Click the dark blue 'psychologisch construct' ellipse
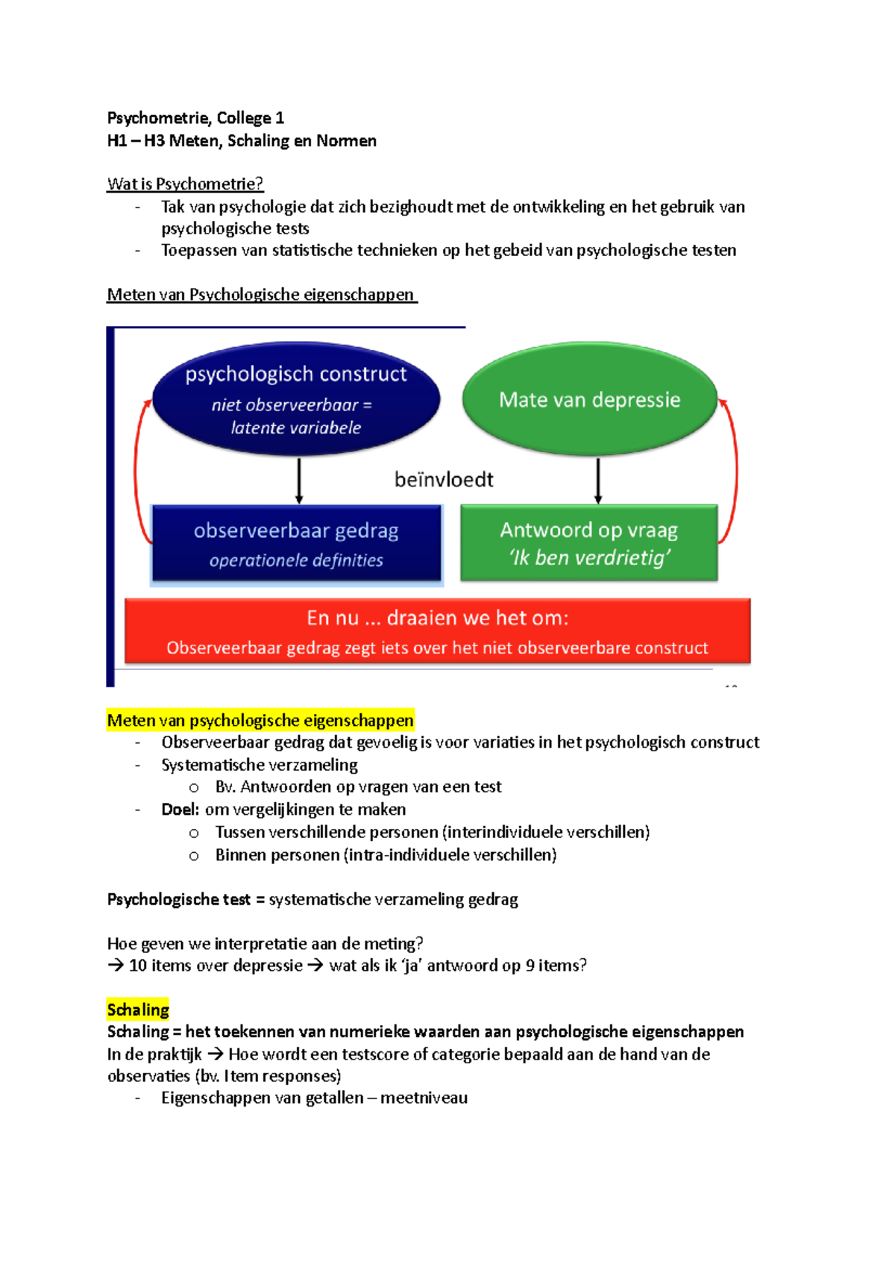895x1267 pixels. point(296,398)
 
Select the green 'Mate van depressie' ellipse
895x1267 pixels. point(589,399)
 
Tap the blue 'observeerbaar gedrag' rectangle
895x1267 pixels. point(296,543)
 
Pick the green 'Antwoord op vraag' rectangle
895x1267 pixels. point(588,542)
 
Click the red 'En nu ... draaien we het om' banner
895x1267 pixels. point(437,631)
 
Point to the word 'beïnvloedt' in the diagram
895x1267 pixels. point(444,480)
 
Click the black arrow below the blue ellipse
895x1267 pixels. point(299,481)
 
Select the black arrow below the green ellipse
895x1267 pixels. point(598,481)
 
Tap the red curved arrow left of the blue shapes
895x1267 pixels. point(136,470)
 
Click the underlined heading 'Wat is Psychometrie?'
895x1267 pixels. point(185,184)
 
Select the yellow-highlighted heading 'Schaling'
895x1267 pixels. point(138,1010)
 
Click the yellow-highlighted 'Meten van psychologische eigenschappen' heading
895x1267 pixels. point(260,720)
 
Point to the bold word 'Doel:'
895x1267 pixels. point(180,810)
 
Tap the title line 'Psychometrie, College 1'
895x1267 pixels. point(195,118)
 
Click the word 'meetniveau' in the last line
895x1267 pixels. point(424,1098)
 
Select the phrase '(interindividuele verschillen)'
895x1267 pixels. point(546,832)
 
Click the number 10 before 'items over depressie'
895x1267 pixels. point(138,966)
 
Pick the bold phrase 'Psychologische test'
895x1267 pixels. point(179,899)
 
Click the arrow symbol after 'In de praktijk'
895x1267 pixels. point(215,1054)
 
